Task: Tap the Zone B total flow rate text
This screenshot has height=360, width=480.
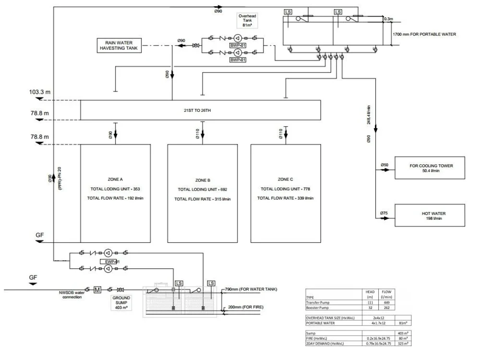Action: [202, 199]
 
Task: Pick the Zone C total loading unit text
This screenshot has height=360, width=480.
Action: [286, 189]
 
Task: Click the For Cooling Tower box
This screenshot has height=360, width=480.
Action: [430, 168]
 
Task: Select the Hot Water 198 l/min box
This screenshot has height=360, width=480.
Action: [430, 215]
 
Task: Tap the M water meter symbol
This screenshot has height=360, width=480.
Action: [97, 289]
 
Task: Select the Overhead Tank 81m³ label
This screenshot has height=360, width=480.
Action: [248, 21]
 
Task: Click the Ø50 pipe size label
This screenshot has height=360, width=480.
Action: [384, 165]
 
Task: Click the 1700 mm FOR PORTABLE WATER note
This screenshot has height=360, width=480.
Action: [424, 34]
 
